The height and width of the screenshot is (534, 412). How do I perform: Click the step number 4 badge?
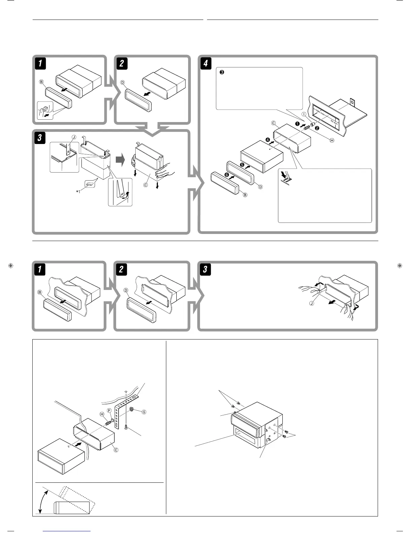point(205,63)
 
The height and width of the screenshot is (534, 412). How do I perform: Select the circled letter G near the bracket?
point(144,412)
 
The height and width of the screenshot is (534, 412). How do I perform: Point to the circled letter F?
point(109,410)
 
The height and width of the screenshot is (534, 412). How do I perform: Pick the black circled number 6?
point(227,175)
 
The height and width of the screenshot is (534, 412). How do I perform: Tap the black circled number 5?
point(242,165)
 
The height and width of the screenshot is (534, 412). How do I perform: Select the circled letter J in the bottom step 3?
point(312,303)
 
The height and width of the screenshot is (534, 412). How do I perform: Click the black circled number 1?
point(297,124)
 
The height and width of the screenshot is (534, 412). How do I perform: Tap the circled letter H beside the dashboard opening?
point(332,140)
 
